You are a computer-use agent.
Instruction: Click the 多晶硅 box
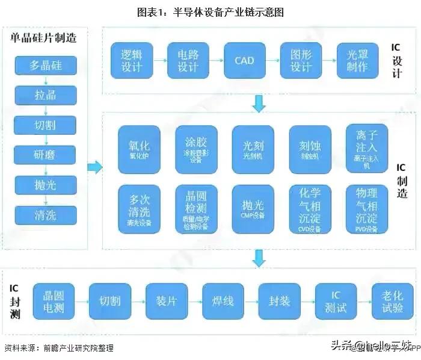pyautogui.click(x=45, y=64)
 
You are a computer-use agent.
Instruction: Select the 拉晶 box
pyautogui.click(x=45, y=94)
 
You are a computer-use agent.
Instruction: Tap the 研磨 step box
pyautogui.click(x=45, y=154)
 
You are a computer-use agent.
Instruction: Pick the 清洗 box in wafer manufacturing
pyautogui.click(x=45, y=214)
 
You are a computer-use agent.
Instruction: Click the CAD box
pyautogui.click(x=244, y=61)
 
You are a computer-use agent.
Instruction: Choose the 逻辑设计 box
pyautogui.click(x=131, y=61)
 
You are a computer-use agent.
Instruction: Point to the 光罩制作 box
pyautogui.click(x=357, y=61)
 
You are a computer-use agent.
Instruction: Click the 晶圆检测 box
pyautogui.click(x=196, y=209)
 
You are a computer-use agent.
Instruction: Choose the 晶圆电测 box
pyautogui.click(x=53, y=302)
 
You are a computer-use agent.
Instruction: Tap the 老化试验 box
pyautogui.click(x=392, y=302)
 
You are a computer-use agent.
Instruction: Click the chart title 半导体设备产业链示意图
pyautogui.click(x=210, y=11)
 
